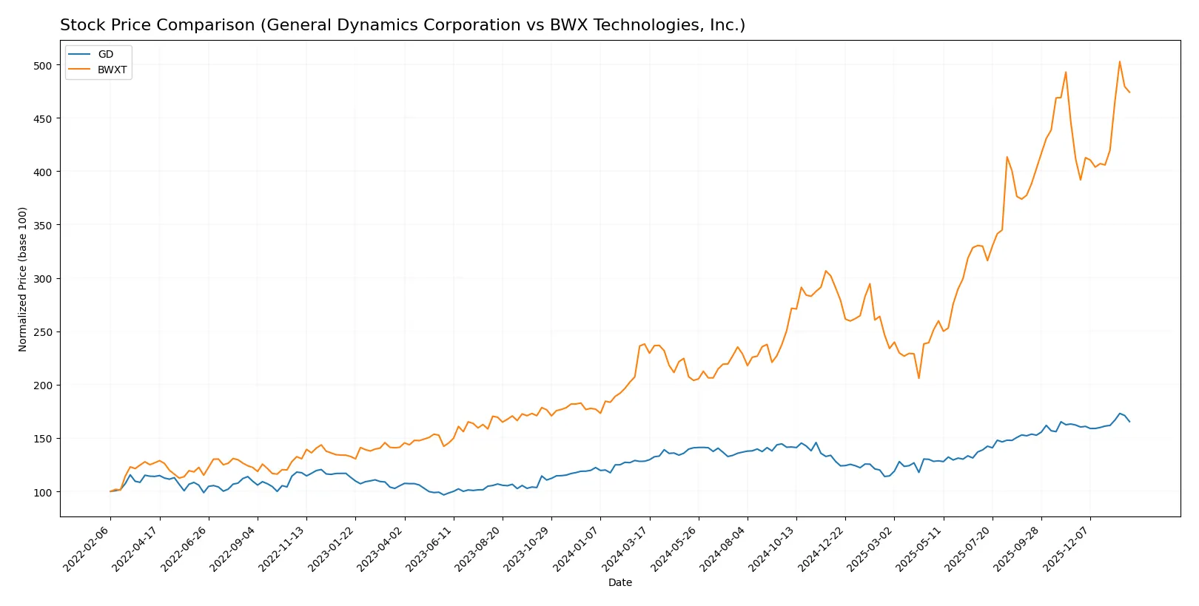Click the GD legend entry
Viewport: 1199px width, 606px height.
coord(105,54)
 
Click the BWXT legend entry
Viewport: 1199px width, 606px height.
coord(112,70)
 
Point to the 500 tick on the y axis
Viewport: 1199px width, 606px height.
coord(43,65)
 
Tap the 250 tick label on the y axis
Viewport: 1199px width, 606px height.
coord(43,332)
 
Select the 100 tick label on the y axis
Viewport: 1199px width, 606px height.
coord(43,492)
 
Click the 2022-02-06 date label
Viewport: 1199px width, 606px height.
coord(87,548)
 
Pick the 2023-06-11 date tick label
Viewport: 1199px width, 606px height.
coord(430,548)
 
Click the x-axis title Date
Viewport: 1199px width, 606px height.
coord(619,582)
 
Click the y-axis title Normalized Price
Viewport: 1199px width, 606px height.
coord(23,279)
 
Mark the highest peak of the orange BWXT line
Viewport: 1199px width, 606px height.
coord(1119,61)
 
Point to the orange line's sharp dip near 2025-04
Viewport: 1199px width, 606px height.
coord(918,378)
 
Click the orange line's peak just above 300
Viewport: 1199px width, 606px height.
coord(826,271)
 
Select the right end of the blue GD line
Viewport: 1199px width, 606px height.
coord(1129,422)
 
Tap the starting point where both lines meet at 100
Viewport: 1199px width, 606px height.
coord(110,491)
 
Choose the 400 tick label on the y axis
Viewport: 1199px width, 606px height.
coord(43,172)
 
